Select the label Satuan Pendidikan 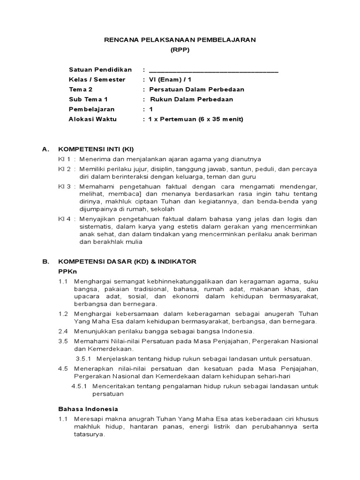[100, 70]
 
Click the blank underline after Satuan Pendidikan [213, 71]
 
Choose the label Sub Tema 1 [88, 99]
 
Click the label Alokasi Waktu [93, 119]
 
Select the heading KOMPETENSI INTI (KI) [96, 150]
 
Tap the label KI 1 [64, 159]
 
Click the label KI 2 [64, 168]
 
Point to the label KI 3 [64, 187]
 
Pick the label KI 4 [64, 219]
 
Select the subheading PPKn [67, 271]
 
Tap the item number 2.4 [63, 331]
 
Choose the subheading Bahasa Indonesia [88, 409]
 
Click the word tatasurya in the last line [89, 435]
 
